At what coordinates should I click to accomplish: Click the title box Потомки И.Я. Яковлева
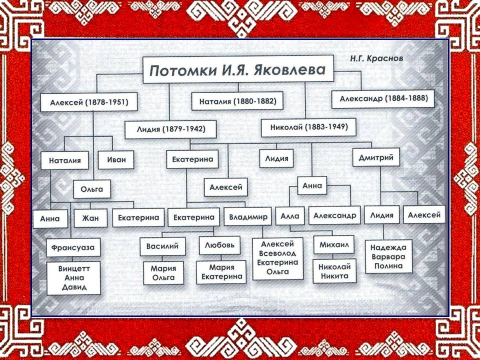pyautogui.click(x=238, y=69)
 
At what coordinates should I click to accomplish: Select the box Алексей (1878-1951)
pyautogui.click(x=89, y=102)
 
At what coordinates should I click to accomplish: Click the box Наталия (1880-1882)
pyautogui.click(x=237, y=101)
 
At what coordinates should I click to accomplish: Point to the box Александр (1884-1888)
pyautogui.click(x=383, y=98)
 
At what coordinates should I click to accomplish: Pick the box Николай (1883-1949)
pyautogui.click(x=308, y=127)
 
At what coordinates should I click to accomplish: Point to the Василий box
pyautogui.click(x=162, y=246)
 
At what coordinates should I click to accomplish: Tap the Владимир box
pyautogui.click(x=247, y=217)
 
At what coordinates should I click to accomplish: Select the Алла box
pyautogui.click(x=289, y=216)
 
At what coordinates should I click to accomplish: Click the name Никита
pyautogui.click(x=334, y=276)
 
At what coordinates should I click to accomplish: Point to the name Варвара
pyautogui.click(x=388, y=256)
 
